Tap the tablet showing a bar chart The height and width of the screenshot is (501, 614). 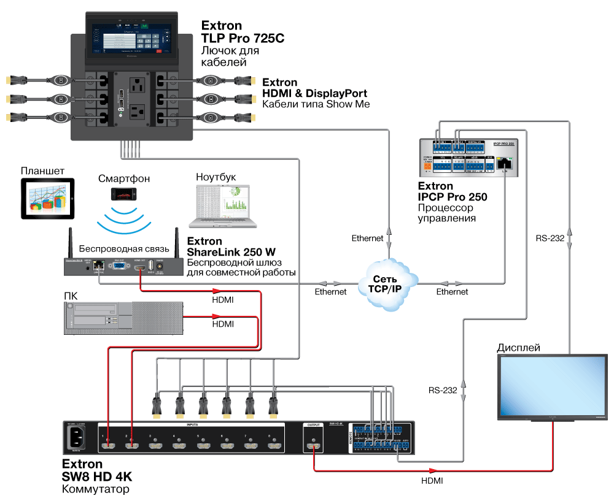pyautogui.click(x=47, y=199)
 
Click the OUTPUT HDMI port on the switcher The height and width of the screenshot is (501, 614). pyautogui.click(x=314, y=442)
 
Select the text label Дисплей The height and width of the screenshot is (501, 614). pyautogui.click(x=518, y=348)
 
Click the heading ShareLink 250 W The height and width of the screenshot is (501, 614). pyautogui.click(x=231, y=252)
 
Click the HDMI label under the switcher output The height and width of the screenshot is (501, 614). pyautogui.click(x=432, y=481)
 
